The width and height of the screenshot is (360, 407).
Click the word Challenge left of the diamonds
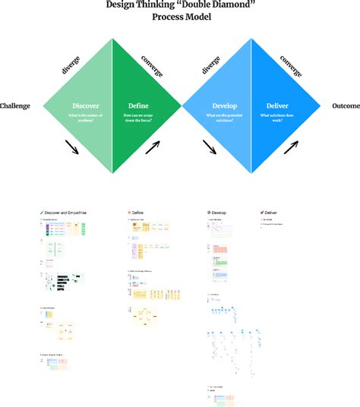click(x=15, y=106)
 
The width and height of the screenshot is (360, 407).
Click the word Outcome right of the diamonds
click(x=346, y=106)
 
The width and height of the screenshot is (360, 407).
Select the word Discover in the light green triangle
click(x=85, y=106)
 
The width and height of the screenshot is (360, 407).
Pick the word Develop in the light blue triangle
click(x=226, y=106)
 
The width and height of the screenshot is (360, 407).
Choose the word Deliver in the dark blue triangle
click(x=277, y=106)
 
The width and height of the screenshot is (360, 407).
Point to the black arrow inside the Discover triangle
click(x=73, y=146)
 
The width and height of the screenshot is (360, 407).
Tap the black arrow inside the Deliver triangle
click(x=292, y=145)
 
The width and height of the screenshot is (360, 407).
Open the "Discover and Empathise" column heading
click(x=66, y=213)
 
